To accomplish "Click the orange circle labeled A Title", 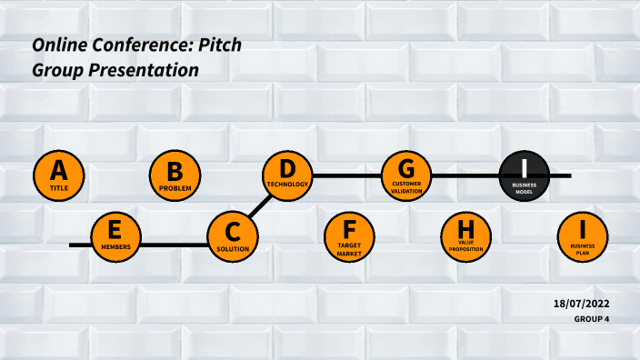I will tap(58, 175).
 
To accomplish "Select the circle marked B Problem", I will tap(175, 175).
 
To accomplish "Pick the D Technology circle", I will tap(287, 175).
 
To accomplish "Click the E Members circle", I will tap(116, 237).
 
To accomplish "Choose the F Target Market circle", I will tap(349, 237).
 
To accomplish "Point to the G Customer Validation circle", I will tap(405, 175).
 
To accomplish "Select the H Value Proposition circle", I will tap(466, 237).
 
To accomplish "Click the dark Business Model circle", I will tap(525, 175).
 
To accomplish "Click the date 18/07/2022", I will tap(581, 303).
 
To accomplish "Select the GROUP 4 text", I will tap(591, 319).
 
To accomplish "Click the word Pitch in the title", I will tap(222, 45).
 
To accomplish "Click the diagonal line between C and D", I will tap(261, 205).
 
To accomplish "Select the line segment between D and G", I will tap(346, 175).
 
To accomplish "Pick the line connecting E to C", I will tap(175, 245).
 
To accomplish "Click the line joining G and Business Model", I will tap(465, 175).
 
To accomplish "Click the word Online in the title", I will tap(58, 45).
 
